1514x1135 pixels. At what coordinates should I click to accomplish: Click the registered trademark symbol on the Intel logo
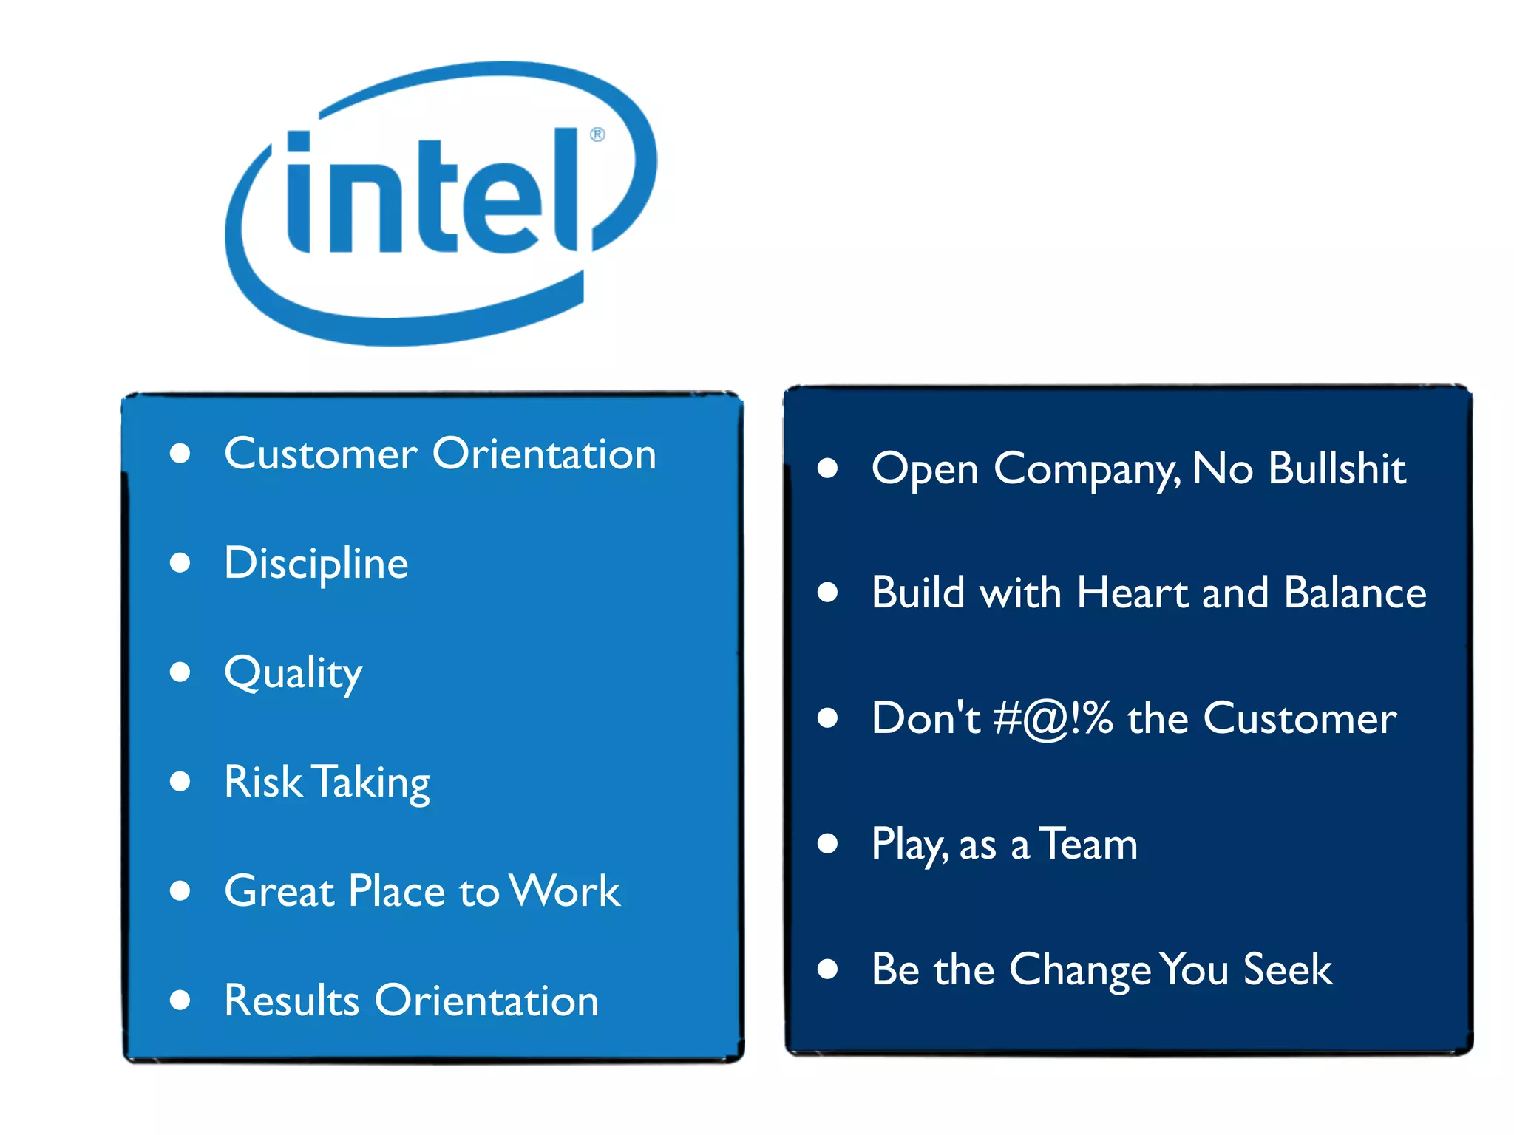click(597, 134)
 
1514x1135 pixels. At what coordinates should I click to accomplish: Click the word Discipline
click(316, 563)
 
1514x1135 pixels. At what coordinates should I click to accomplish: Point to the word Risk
click(262, 782)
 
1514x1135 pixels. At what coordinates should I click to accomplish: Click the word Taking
click(370, 783)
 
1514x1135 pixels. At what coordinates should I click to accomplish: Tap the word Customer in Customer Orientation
click(320, 454)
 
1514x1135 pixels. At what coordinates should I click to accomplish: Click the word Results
click(291, 1001)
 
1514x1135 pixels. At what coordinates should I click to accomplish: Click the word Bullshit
click(1337, 468)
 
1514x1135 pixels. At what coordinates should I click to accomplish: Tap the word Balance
click(1355, 593)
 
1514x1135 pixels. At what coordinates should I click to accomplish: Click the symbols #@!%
click(1053, 718)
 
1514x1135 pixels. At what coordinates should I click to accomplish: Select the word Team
click(1088, 844)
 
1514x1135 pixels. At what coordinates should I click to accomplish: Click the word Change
click(1080, 970)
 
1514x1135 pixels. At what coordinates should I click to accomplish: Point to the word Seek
click(1287, 969)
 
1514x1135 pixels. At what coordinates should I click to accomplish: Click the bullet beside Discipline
click(180, 563)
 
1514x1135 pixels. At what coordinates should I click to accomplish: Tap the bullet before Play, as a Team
click(827, 843)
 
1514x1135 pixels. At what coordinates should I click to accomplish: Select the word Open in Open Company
click(925, 470)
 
